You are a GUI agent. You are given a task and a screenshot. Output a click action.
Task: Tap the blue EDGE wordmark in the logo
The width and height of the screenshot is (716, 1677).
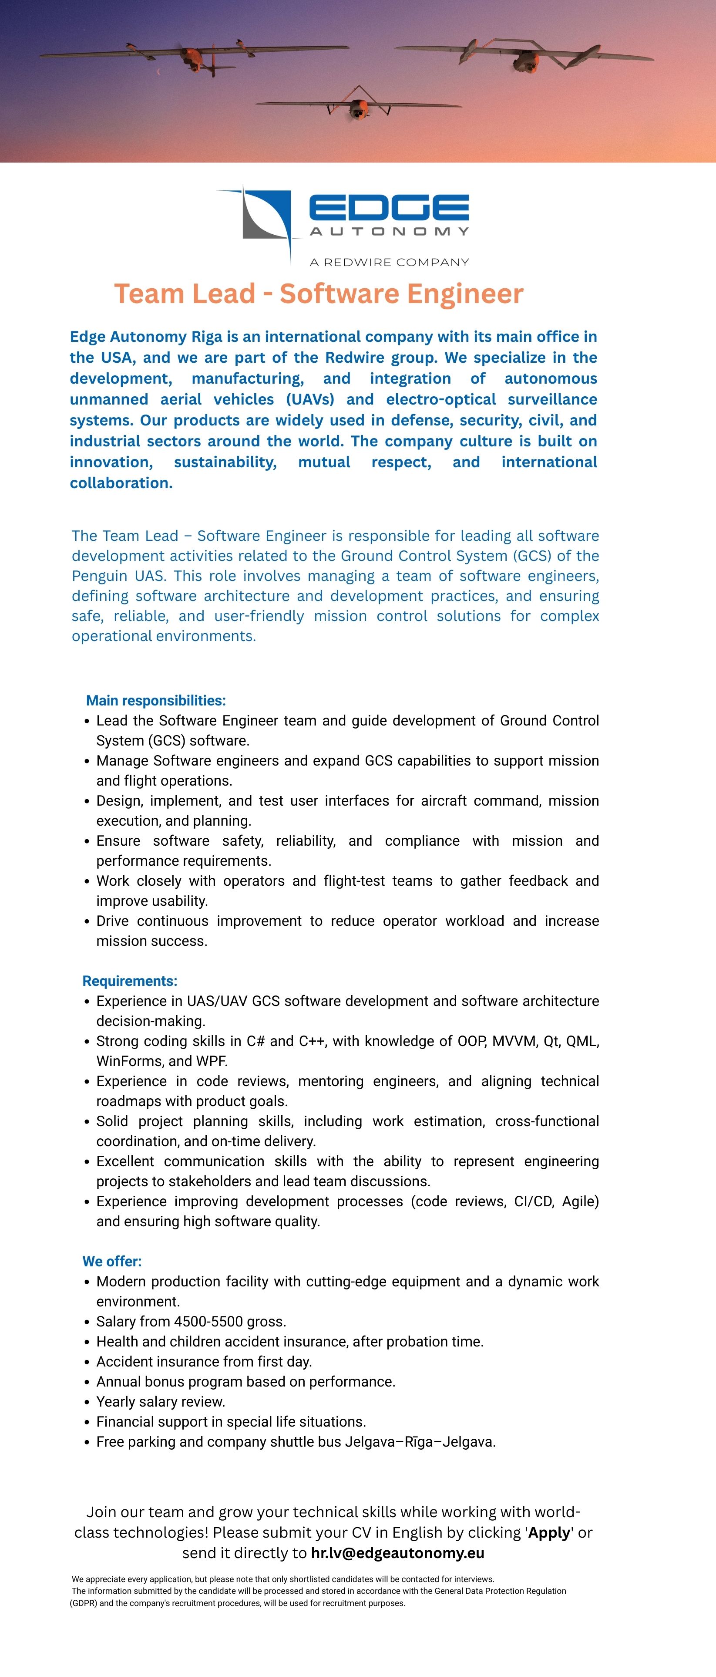[389, 208]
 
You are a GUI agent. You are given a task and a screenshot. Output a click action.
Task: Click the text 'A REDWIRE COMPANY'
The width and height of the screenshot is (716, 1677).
[389, 262]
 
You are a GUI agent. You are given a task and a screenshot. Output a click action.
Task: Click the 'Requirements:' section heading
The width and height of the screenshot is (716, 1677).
[130, 981]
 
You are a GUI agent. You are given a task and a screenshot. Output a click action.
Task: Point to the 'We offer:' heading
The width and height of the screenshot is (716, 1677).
[111, 1261]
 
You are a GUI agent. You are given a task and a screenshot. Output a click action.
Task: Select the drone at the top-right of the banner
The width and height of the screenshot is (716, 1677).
[524, 57]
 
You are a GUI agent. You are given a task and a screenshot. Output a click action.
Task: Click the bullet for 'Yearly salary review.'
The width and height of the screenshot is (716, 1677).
[87, 1402]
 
